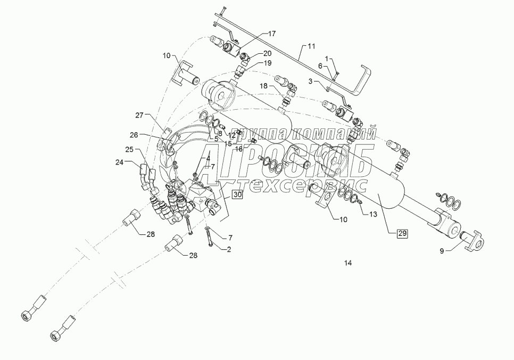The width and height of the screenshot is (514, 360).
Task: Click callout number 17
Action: [271, 34]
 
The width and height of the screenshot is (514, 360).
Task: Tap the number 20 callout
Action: [267, 53]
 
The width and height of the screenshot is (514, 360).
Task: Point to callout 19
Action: [268, 63]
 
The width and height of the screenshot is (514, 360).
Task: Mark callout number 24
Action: [120, 162]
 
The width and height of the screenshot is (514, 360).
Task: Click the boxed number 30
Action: [237, 195]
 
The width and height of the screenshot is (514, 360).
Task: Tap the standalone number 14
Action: [349, 263]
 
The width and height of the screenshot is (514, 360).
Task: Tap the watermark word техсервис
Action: [309, 185]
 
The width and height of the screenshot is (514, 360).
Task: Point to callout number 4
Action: [209, 158]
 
